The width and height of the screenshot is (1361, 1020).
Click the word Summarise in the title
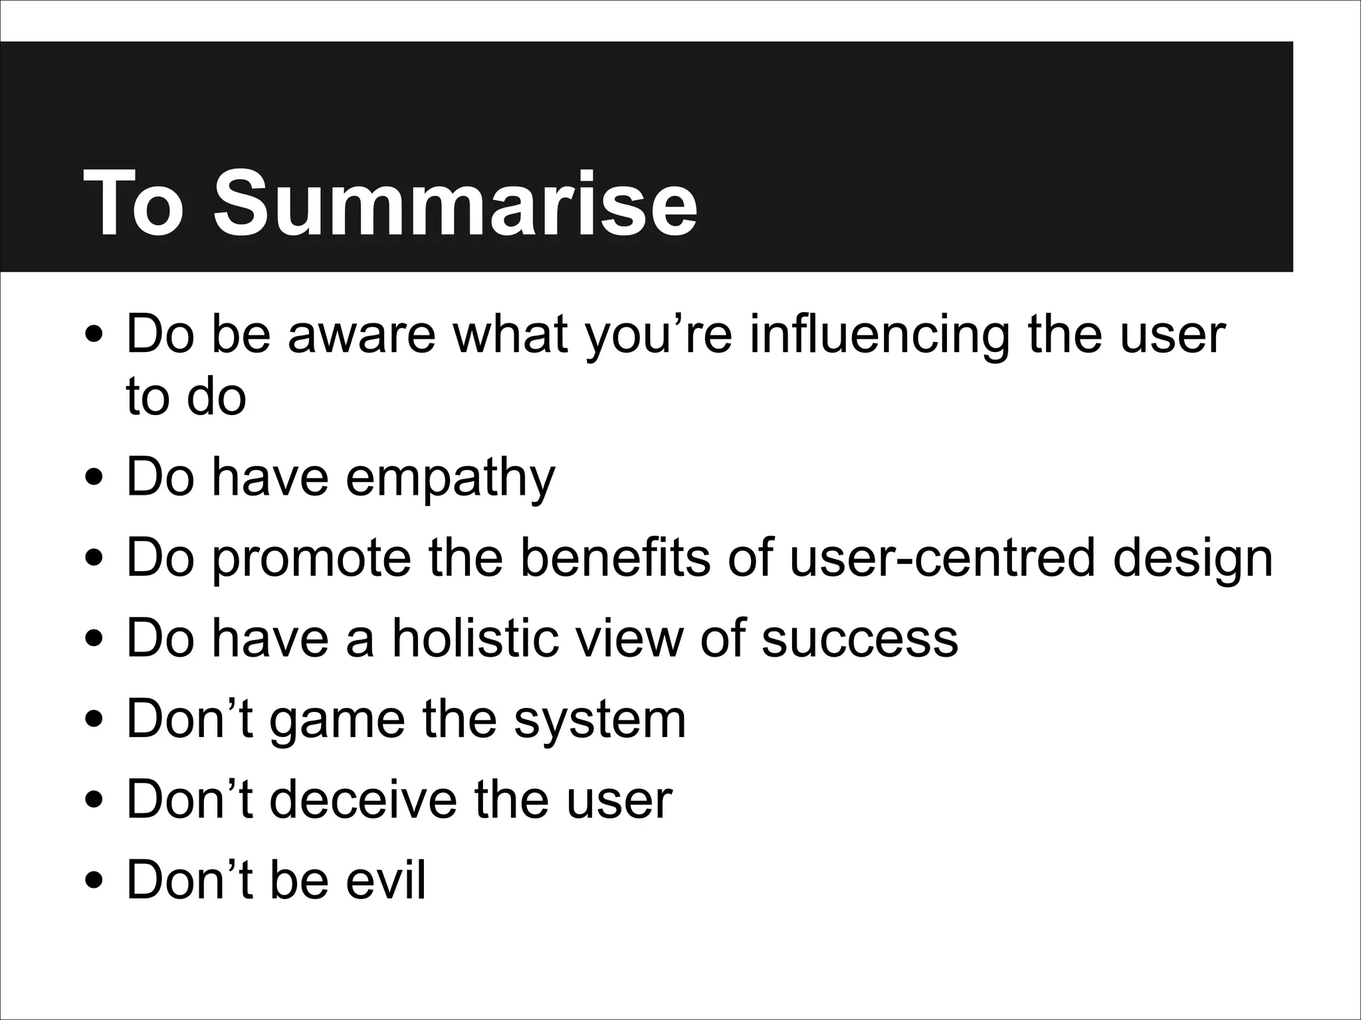[x=455, y=203]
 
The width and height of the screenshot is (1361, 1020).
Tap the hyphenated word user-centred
[x=942, y=558]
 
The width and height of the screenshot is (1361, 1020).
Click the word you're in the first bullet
[x=659, y=335]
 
